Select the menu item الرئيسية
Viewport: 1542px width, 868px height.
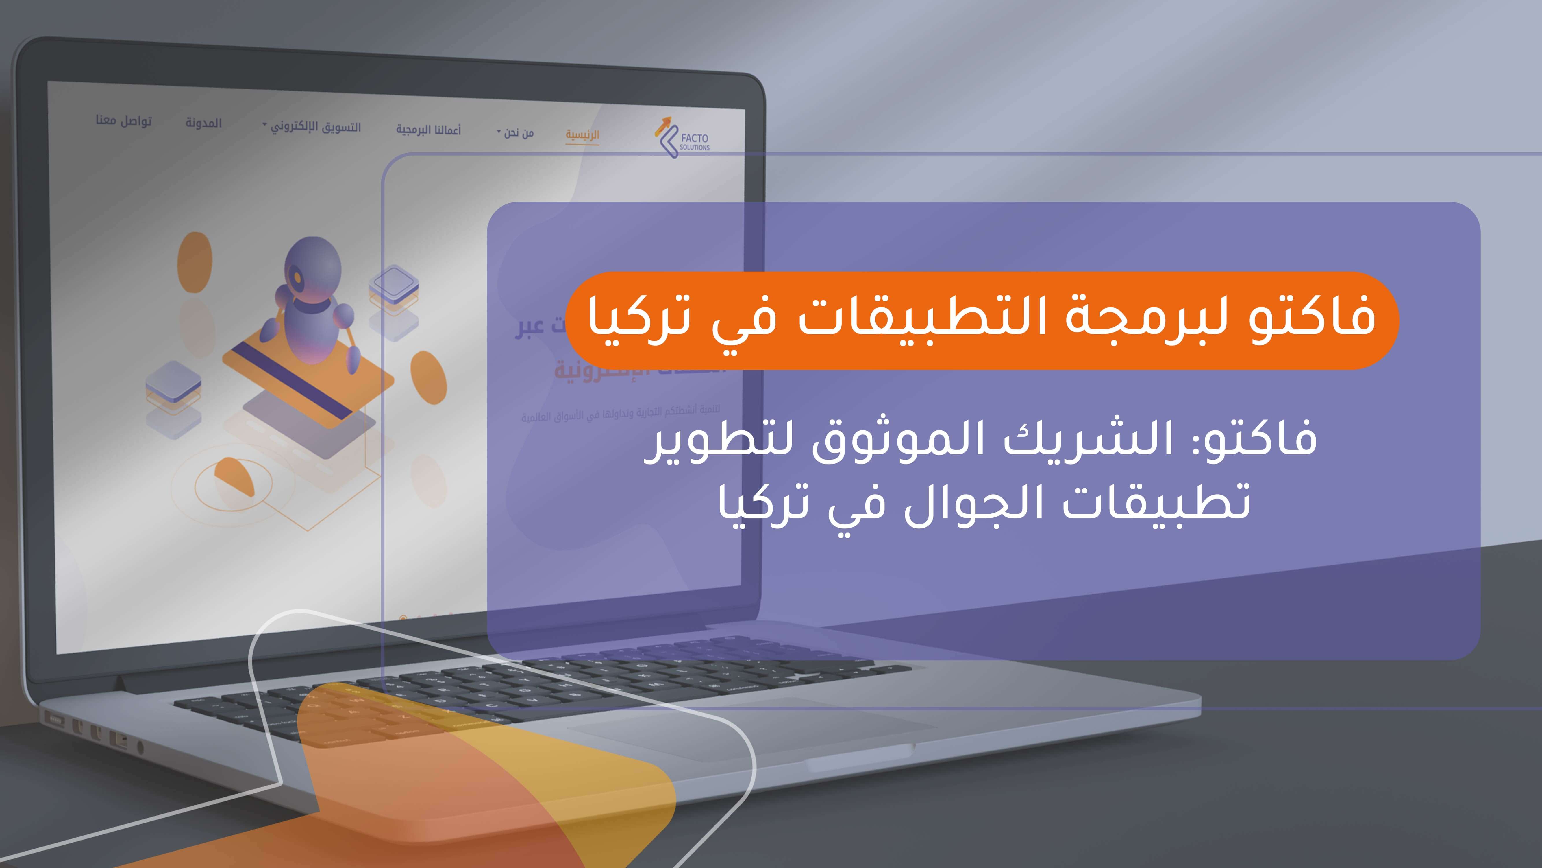pos(582,134)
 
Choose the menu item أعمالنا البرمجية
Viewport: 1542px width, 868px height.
pos(428,129)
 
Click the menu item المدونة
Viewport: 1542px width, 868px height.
pos(203,123)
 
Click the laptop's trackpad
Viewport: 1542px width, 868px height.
pos(748,731)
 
